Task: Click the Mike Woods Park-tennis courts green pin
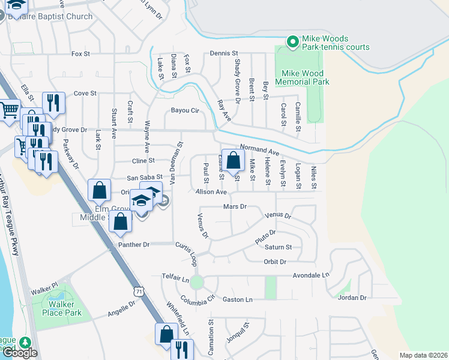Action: (x=292, y=41)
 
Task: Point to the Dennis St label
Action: (x=224, y=53)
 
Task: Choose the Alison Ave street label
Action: (x=211, y=192)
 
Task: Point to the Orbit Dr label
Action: (x=275, y=261)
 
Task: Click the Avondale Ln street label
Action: (x=312, y=275)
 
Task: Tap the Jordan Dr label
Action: (x=352, y=298)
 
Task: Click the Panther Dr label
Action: (x=133, y=244)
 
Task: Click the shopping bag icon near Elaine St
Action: (x=234, y=161)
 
